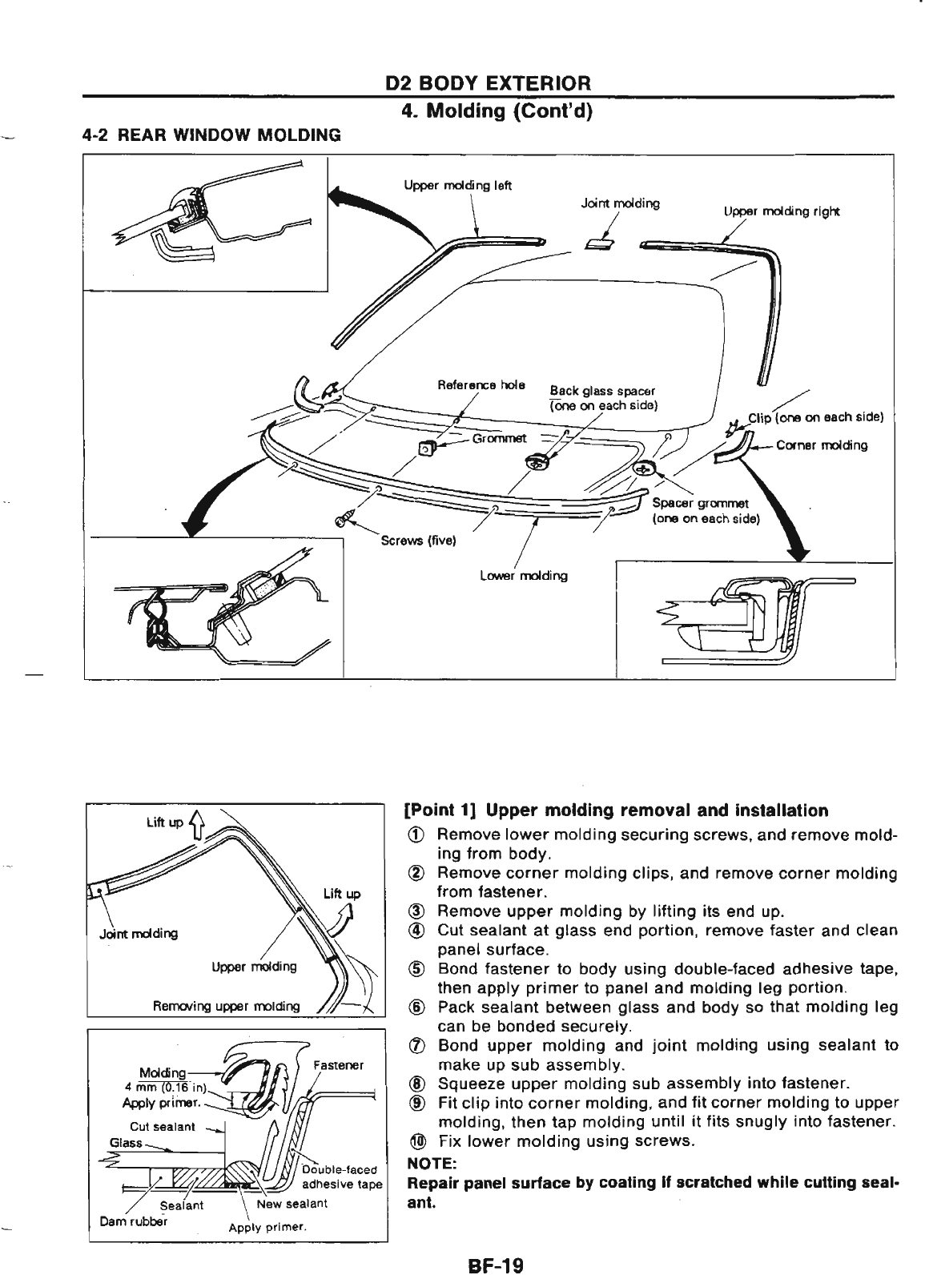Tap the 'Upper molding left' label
click(458, 186)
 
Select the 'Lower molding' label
click(523, 575)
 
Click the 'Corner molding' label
click(822, 445)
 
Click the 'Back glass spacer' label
click(602, 391)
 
